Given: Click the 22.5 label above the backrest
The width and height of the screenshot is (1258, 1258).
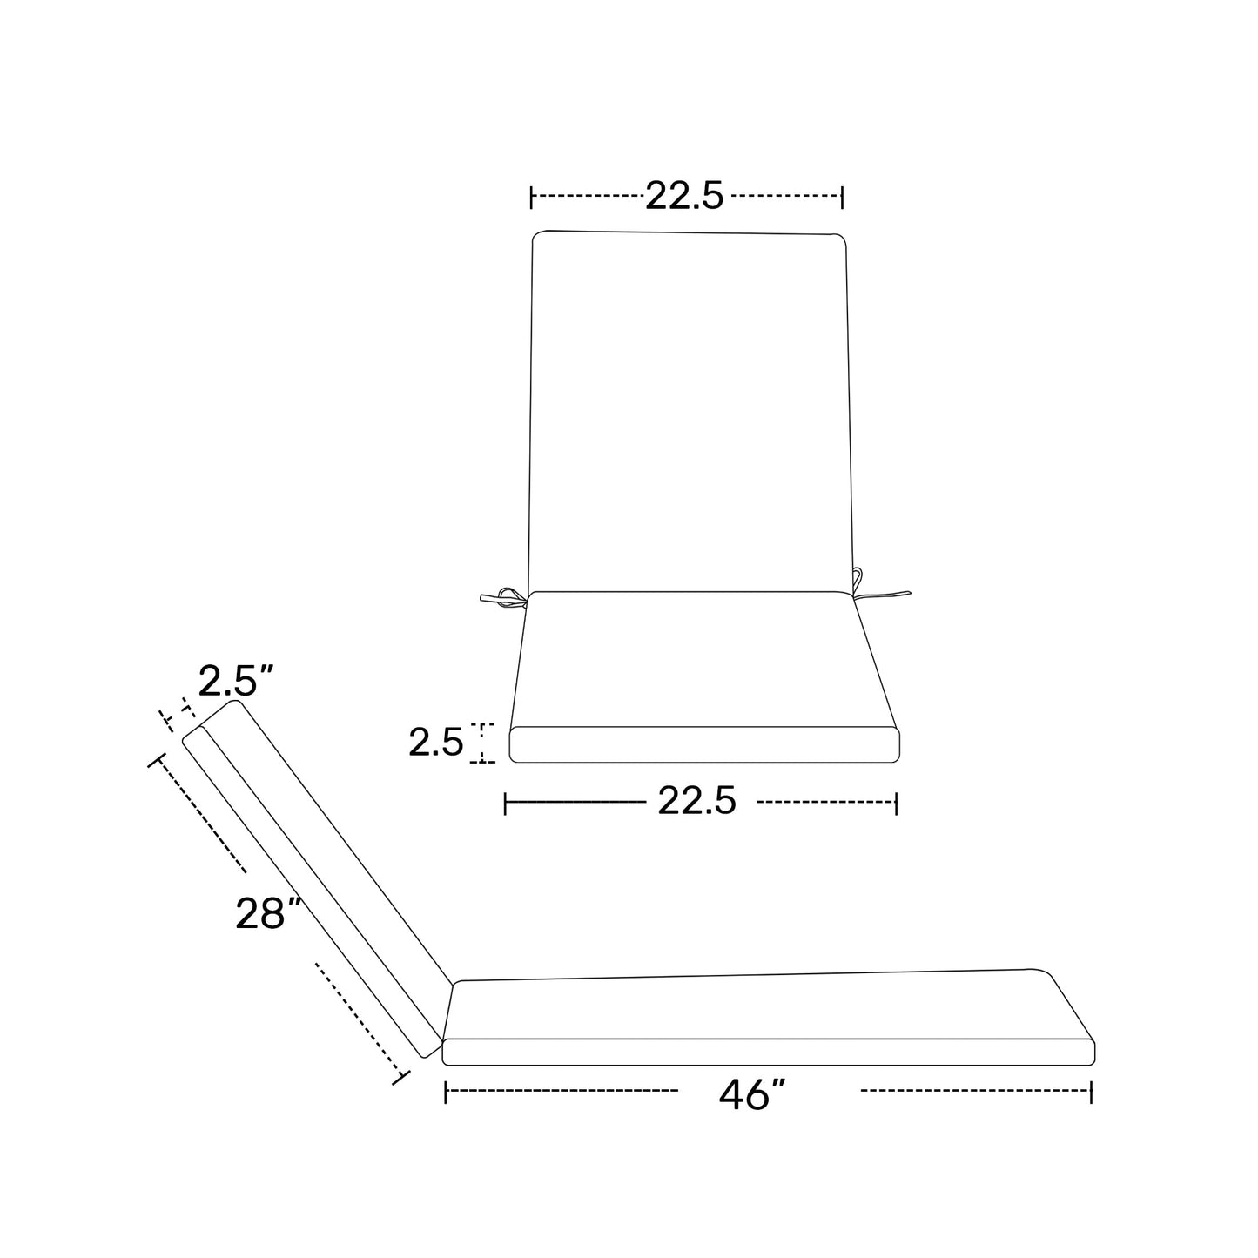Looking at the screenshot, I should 684,197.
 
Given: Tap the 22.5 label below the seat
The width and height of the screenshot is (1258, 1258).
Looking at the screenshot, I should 696,801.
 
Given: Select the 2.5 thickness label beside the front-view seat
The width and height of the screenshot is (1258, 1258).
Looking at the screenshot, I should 435,743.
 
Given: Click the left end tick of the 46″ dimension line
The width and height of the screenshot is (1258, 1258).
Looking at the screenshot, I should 446,1092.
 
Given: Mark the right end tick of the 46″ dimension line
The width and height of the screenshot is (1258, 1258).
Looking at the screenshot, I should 1091,1092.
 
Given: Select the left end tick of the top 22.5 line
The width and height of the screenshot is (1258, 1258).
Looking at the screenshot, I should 531,198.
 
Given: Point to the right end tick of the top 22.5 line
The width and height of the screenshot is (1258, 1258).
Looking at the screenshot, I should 842,198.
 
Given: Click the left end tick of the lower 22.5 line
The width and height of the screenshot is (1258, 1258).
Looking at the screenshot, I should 506,803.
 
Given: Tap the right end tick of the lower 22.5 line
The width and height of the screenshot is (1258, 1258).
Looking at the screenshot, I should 896,803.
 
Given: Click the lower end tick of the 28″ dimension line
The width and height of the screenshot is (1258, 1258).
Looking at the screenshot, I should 400,1077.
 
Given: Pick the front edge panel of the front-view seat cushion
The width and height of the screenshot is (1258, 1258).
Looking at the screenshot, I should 703,744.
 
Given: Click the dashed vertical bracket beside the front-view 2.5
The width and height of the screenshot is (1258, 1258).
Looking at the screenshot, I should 482,743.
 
